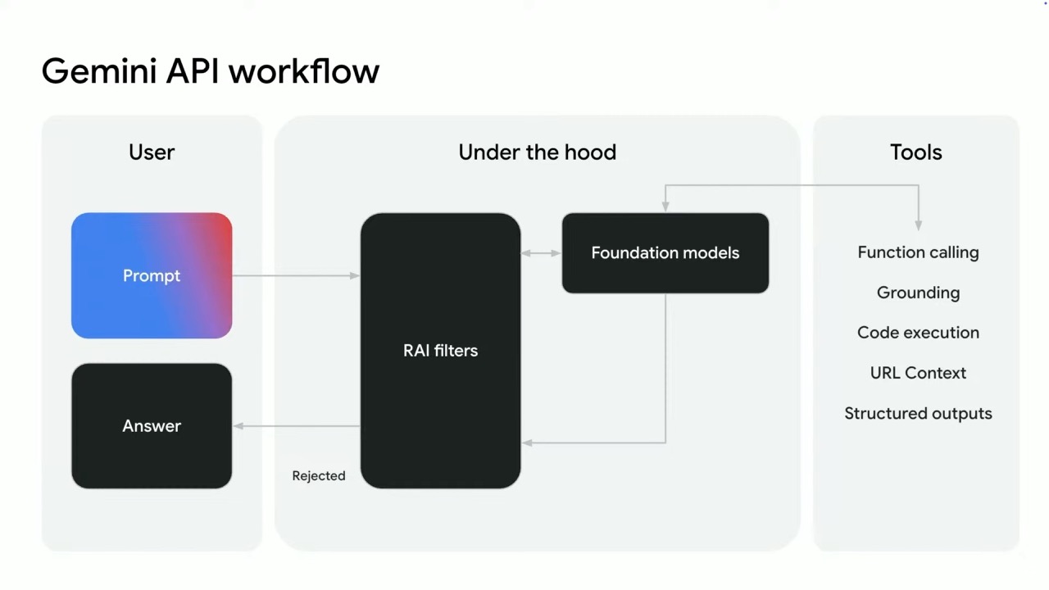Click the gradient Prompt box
(x=152, y=275)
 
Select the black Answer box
(x=152, y=425)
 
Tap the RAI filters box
(x=440, y=351)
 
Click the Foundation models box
(x=665, y=253)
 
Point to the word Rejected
(x=319, y=476)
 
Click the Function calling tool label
(x=918, y=252)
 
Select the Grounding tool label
(x=918, y=293)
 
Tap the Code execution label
(x=918, y=333)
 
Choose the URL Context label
(x=918, y=373)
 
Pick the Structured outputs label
(x=918, y=414)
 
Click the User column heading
(x=152, y=152)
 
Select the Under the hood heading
(x=537, y=152)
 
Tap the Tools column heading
(x=916, y=152)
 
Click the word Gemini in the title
(x=99, y=71)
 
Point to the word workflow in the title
(x=304, y=71)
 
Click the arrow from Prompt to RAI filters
(x=296, y=276)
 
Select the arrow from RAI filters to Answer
(x=297, y=426)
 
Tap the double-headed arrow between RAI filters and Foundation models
(x=542, y=253)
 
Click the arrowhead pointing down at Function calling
(x=919, y=225)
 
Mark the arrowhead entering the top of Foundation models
(x=665, y=206)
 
